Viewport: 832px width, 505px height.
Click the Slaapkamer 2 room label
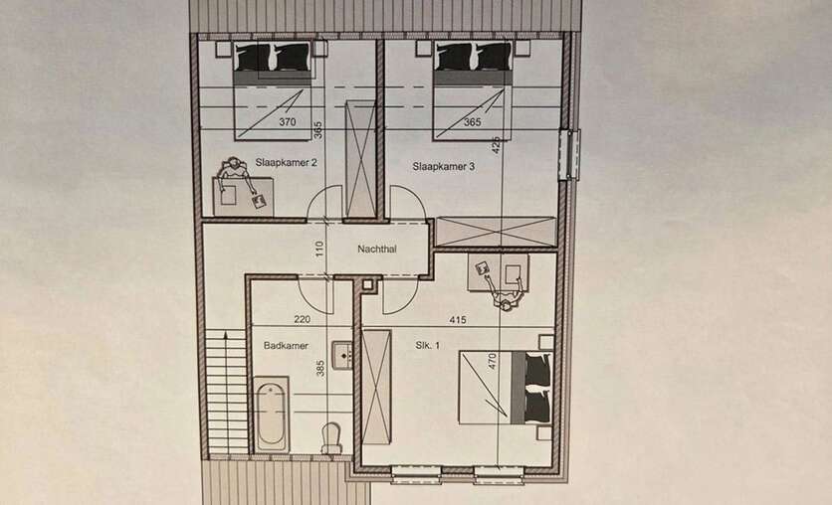point(286,162)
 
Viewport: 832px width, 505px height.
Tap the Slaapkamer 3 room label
point(444,166)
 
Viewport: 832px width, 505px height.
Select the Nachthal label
point(377,249)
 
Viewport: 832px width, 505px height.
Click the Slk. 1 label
point(427,345)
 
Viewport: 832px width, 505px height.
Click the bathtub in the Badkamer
point(271,415)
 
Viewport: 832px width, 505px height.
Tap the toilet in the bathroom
point(332,437)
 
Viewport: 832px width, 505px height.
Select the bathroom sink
point(342,355)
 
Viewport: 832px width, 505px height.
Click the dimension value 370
point(287,122)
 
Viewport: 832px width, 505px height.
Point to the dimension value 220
point(302,319)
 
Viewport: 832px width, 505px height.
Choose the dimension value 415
point(458,319)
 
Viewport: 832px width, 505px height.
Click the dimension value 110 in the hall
point(318,250)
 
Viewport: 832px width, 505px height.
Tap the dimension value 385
point(319,368)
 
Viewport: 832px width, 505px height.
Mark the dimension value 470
point(492,361)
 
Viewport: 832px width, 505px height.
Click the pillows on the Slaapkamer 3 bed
point(474,57)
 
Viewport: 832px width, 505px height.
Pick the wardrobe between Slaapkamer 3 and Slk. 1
point(496,232)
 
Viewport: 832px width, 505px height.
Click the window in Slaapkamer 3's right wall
point(571,154)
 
